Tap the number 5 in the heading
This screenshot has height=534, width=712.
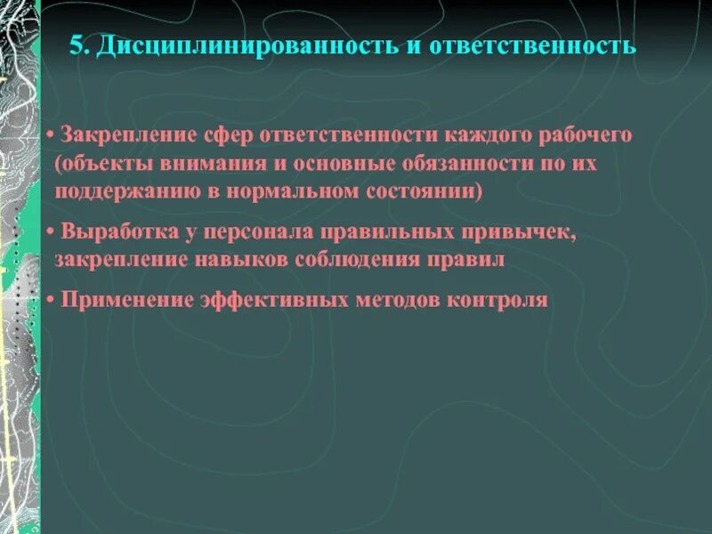tap(77, 45)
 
